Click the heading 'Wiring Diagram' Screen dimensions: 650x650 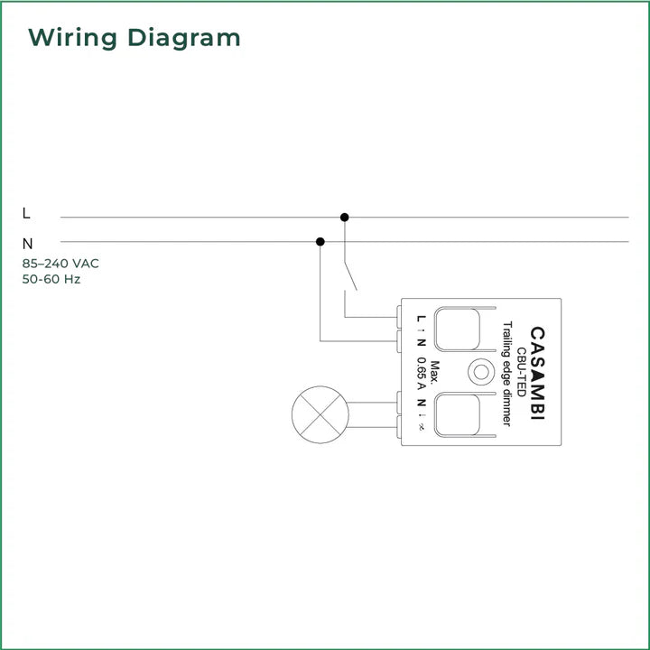[x=135, y=38]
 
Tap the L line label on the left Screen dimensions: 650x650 [x=26, y=214]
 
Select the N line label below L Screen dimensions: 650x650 [x=27, y=243]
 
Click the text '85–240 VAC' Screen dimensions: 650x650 [x=60, y=264]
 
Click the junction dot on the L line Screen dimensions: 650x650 [x=344, y=217]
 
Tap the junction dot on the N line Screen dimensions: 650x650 [x=320, y=241]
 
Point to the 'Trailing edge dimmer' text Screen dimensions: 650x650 [x=507, y=374]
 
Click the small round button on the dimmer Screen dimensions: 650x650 [x=478, y=370]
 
